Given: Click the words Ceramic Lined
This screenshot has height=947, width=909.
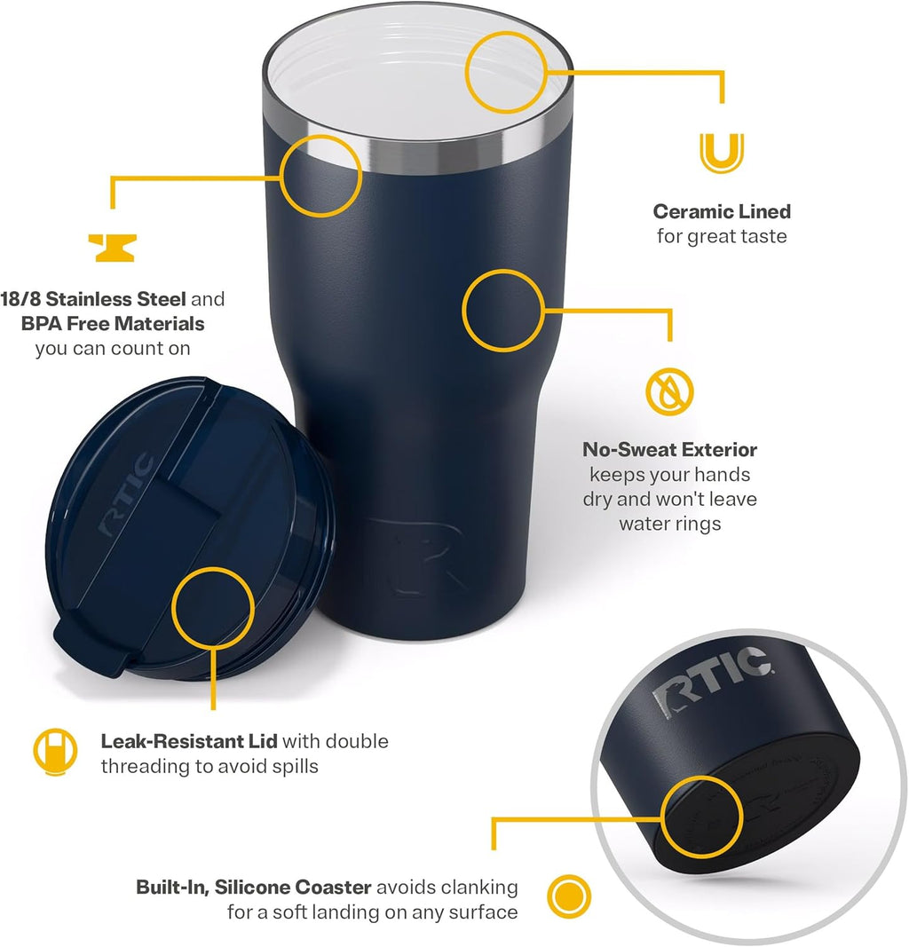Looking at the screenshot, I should [x=722, y=211].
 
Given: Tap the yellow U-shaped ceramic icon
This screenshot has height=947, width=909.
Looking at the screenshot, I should [x=722, y=152].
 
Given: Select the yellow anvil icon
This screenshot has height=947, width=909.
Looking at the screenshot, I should [x=113, y=248].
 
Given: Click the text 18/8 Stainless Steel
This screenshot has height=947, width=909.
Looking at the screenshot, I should [x=93, y=298].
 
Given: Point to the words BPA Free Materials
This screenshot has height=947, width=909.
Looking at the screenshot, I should [x=113, y=323].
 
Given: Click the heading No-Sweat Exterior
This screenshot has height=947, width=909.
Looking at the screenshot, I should [x=670, y=450].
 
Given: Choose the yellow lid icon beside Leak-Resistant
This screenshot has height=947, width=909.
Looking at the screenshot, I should [x=55, y=751].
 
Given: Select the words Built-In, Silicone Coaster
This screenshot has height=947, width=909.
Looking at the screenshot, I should [x=254, y=887].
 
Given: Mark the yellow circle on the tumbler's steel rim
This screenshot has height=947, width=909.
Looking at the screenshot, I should [x=322, y=176].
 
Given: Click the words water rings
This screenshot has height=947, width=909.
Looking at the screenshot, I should [x=670, y=523].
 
